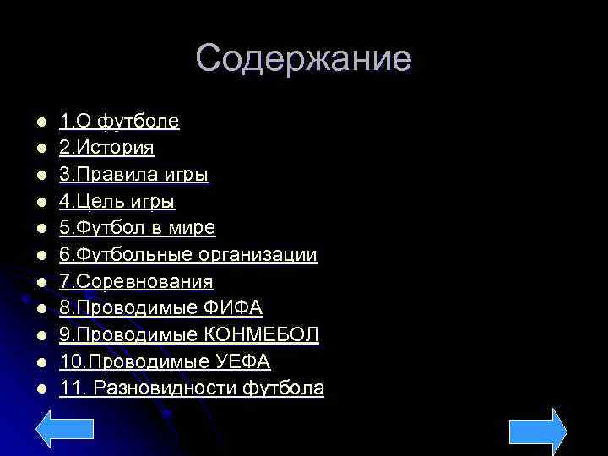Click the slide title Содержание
click(303, 59)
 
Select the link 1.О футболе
click(119, 122)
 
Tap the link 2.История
click(106, 149)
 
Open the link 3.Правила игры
click(133, 176)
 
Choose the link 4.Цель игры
click(117, 202)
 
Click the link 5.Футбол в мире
click(137, 228)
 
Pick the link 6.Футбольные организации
click(187, 255)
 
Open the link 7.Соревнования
click(136, 281)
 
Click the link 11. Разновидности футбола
click(192, 388)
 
